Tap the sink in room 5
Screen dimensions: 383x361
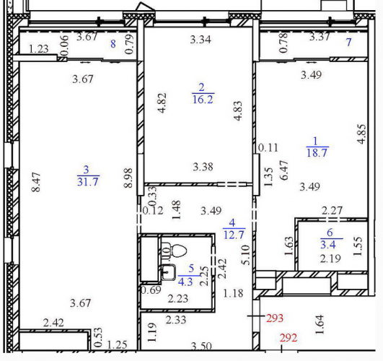168,272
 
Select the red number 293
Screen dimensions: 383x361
275,318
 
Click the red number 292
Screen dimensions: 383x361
289,338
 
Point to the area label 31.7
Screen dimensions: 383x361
88,182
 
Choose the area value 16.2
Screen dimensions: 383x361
203,100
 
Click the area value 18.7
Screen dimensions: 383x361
317,153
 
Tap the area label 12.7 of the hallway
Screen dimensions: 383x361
234,235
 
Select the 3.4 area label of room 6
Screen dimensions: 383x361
327,245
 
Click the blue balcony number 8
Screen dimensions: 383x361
113,44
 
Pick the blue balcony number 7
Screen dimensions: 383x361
349,43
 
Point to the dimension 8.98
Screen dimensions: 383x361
128,178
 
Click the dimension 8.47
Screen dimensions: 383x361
36,182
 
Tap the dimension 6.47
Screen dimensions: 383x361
285,170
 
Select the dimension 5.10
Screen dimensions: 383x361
246,255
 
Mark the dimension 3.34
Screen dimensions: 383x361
201,40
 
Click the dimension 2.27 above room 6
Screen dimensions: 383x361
332,211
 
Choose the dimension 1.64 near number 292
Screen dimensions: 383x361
320,325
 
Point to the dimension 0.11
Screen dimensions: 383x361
268,148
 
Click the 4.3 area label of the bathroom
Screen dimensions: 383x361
185,282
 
